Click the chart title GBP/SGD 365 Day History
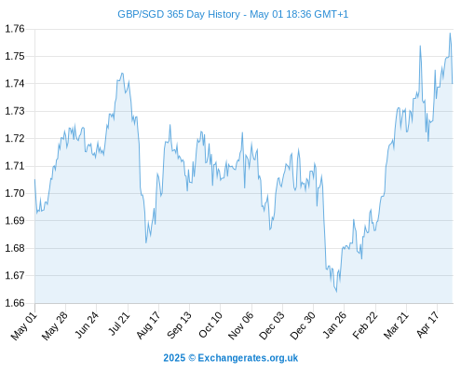(179, 14)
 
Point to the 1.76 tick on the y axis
(15, 29)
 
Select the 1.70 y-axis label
(15, 193)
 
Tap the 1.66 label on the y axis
(15, 303)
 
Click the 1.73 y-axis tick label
(15, 111)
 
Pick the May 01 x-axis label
(24, 326)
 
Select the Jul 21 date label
(118, 324)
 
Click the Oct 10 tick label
(210, 325)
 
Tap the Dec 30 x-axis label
(303, 325)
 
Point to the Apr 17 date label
(427, 325)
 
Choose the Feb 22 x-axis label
(365, 325)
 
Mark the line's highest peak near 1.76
(450, 33)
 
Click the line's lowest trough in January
(336, 292)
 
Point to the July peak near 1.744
(122, 74)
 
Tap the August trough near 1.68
(146, 242)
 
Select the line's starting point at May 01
(34, 179)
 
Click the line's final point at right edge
(453, 83)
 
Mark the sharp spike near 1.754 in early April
(420, 46)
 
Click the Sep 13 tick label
(179, 325)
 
